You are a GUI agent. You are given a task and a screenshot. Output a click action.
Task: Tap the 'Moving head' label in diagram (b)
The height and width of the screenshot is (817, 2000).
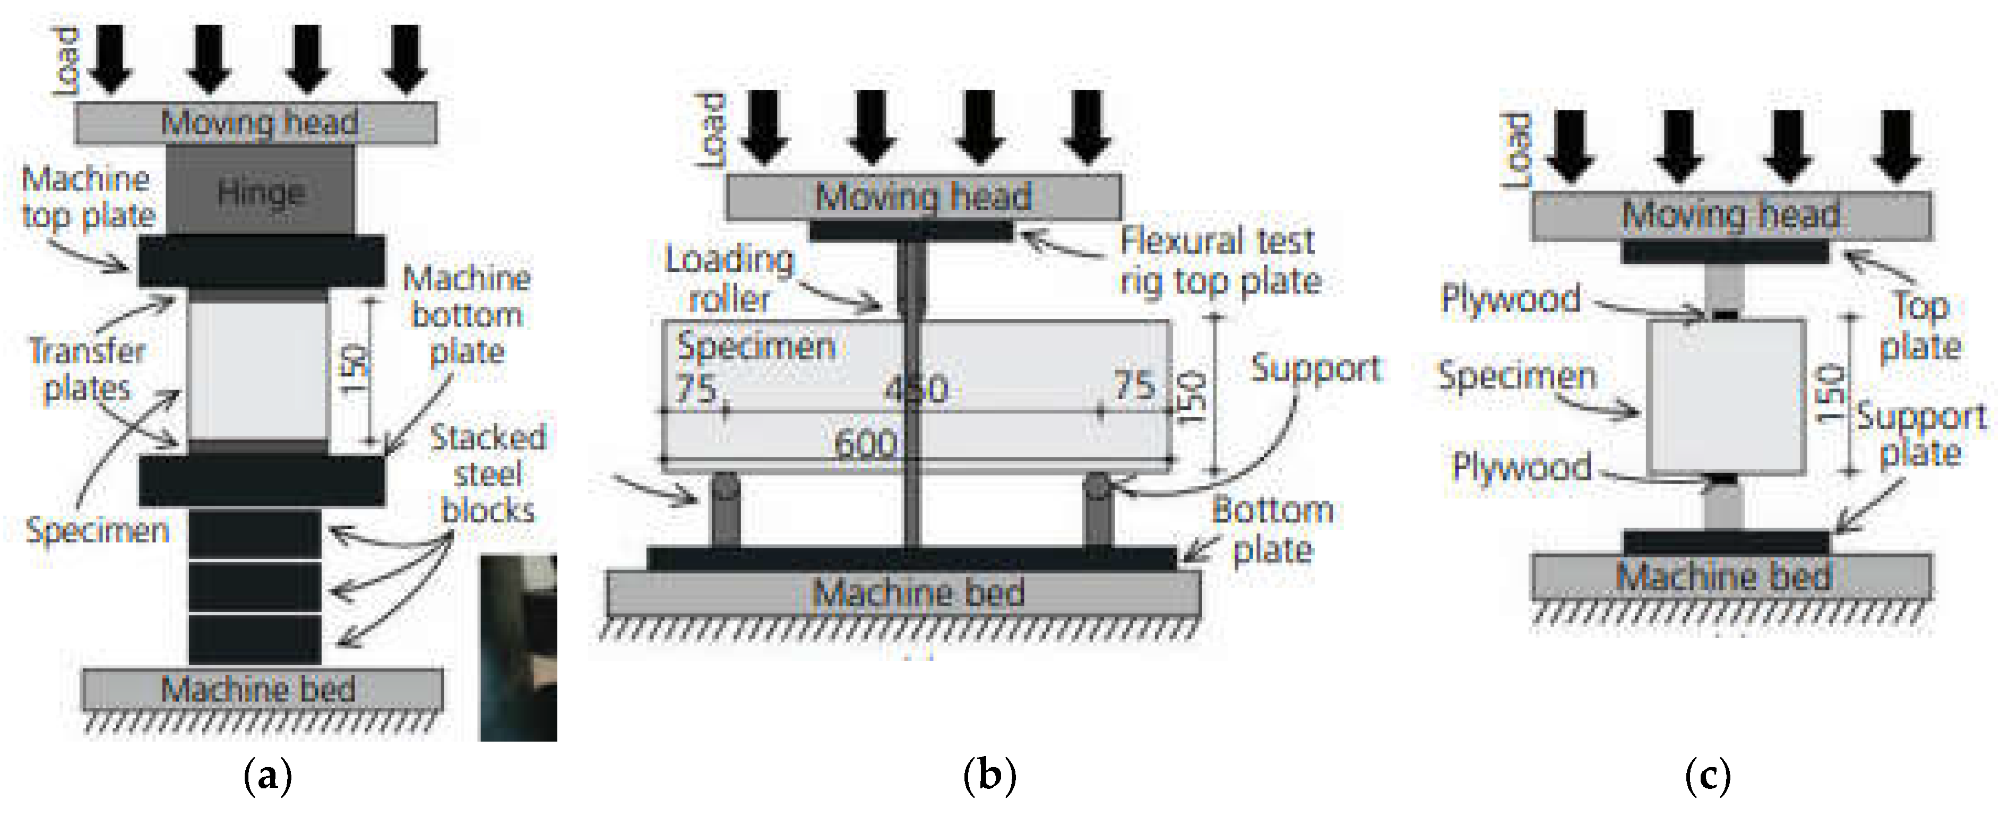tap(923, 196)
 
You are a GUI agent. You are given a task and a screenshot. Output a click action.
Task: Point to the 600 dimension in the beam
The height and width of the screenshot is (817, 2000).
tap(865, 444)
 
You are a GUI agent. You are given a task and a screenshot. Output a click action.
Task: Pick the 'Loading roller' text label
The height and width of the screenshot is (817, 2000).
tap(729, 279)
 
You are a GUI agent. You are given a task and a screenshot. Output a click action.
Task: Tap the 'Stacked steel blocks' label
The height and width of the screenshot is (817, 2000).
tap(488, 474)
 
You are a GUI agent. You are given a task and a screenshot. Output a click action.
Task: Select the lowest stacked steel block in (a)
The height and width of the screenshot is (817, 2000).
tap(255, 639)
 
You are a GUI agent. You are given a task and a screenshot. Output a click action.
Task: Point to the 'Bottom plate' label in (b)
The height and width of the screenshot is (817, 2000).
tap(1272, 530)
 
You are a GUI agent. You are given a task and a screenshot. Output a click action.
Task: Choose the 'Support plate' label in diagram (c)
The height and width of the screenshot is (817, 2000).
tap(1921, 435)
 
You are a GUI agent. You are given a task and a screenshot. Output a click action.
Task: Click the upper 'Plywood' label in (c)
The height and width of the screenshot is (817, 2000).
tap(1510, 298)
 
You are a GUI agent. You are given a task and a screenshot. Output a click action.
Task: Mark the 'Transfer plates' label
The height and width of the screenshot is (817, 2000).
tap(87, 369)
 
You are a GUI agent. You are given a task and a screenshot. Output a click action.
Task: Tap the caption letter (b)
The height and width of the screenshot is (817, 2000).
tap(989, 775)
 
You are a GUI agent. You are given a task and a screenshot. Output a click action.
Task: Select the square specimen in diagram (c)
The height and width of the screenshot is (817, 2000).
tap(1725, 396)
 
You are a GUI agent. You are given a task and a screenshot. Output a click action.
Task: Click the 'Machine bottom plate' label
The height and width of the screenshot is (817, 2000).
tap(467, 314)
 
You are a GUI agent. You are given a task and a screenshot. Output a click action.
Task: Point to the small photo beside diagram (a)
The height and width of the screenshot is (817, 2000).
tap(518, 648)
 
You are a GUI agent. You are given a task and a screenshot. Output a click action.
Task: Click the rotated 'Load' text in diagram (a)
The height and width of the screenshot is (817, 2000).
tap(66, 62)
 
